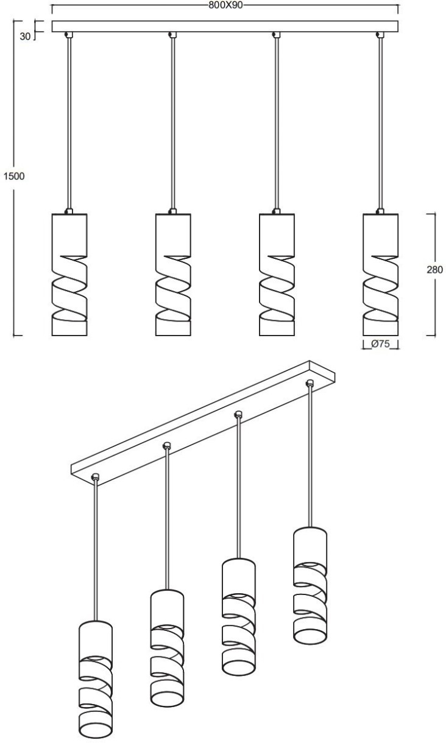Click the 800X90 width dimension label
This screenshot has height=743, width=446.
click(x=225, y=5)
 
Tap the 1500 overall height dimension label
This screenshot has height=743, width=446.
click(x=14, y=176)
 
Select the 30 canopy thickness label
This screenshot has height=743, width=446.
click(x=25, y=37)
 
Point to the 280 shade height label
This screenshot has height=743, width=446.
click(x=434, y=270)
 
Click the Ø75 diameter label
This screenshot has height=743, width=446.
click(x=381, y=343)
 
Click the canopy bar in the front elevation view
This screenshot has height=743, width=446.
click(x=225, y=27)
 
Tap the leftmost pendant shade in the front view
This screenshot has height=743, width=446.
click(x=69, y=275)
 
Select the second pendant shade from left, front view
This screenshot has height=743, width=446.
click(x=173, y=275)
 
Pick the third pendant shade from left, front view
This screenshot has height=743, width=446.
click(x=277, y=275)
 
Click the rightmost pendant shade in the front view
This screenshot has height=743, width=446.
click(x=381, y=275)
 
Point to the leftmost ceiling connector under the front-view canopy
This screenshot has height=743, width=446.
click(x=69, y=35)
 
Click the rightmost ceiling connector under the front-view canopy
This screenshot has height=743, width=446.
click(x=380, y=35)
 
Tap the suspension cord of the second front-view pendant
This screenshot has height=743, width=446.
click(x=172, y=124)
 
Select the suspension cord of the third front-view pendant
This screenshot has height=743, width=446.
click(x=276, y=124)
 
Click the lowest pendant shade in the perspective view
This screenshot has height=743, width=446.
click(x=96, y=674)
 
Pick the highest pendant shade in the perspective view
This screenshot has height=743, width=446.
click(x=310, y=580)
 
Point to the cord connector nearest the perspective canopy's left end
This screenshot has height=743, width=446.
click(x=96, y=477)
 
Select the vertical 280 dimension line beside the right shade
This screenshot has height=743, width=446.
click(x=435, y=275)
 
